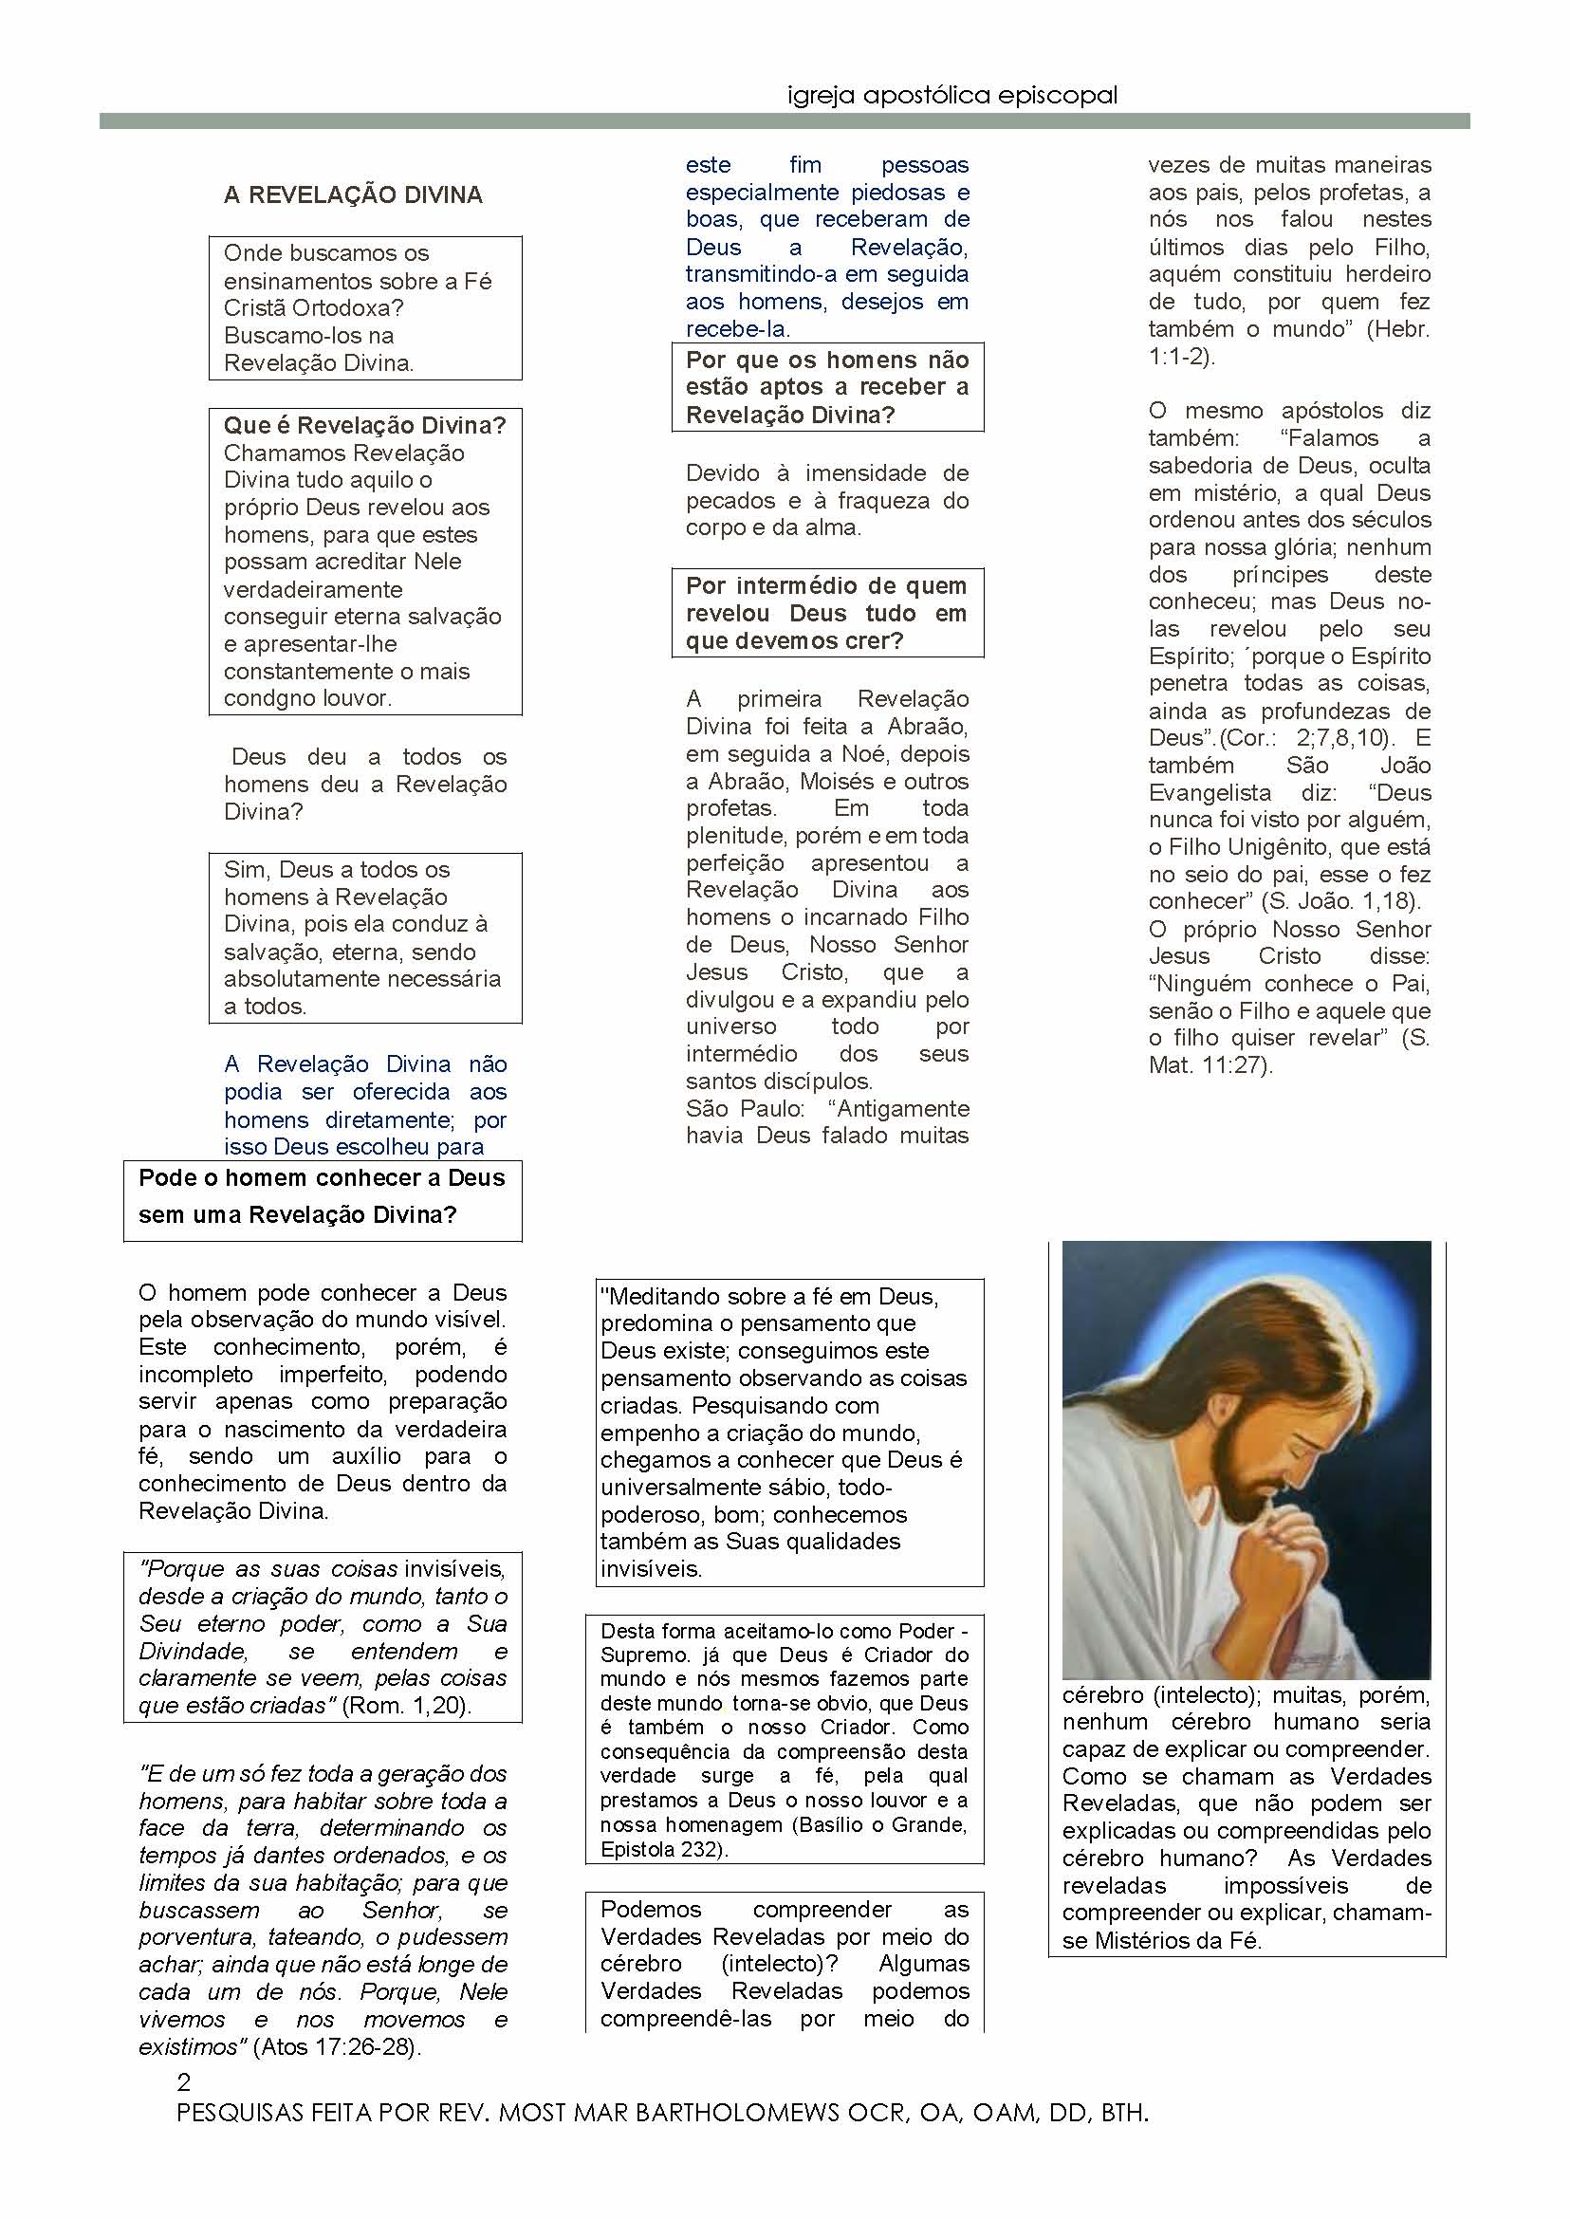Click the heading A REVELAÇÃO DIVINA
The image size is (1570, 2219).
tap(353, 195)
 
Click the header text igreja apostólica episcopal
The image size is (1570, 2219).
tap(952, 96)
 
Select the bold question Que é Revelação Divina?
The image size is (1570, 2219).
tap(364, 425)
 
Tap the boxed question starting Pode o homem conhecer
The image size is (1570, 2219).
tap(322, 1196)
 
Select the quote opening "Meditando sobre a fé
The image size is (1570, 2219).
tap(768, 1297)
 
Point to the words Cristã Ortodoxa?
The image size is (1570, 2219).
tap(314, 308)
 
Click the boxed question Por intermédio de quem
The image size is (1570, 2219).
tap(826, 613)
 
